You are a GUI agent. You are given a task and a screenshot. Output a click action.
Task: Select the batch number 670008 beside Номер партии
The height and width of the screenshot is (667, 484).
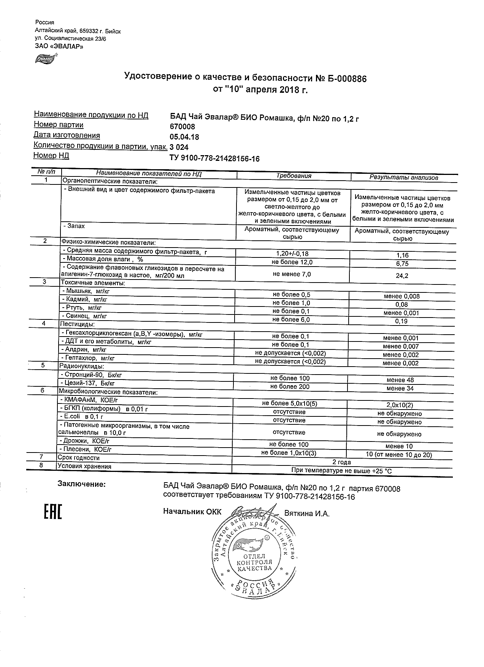(182, 127)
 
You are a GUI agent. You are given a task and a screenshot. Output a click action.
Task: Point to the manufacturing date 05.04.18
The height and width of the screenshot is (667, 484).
(184, 137)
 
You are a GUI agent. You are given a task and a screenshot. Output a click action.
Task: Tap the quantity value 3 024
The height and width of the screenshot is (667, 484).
(179, 148)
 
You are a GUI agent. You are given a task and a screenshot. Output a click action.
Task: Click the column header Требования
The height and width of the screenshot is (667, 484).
(294, 176)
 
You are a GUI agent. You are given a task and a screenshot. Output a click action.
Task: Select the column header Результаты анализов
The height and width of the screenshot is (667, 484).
(404, 177)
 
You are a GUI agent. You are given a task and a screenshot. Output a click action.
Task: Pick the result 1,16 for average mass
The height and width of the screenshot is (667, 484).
(401, 256)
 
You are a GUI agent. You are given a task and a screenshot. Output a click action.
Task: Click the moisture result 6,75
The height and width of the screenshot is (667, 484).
(401, 264)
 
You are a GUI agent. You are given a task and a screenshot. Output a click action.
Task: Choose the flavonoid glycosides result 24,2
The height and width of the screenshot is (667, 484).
(402, 276)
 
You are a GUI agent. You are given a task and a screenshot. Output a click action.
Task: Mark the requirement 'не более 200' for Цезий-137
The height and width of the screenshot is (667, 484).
(290, 387)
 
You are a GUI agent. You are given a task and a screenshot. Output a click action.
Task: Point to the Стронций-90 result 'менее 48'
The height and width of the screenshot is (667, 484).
(400, 380)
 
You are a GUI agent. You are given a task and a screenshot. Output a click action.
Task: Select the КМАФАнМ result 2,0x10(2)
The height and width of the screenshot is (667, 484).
(400, 405)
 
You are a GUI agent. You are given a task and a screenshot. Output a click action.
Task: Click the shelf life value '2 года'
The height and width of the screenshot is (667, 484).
(341, 462)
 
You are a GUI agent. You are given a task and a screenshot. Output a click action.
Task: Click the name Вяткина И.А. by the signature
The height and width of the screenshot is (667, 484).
(307, 514)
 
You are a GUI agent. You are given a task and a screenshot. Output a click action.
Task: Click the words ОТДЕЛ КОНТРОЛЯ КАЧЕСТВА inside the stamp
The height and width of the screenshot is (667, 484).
(254, 562)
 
